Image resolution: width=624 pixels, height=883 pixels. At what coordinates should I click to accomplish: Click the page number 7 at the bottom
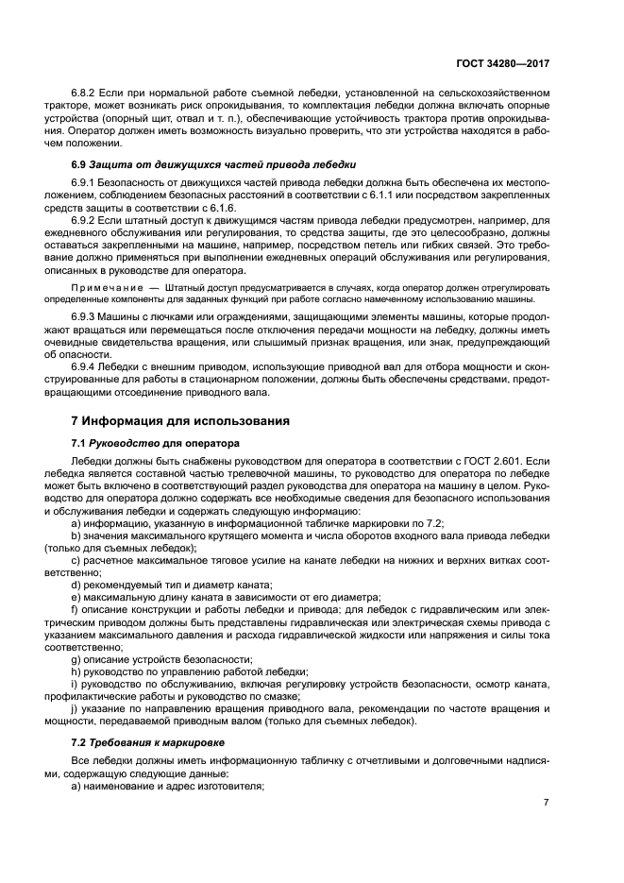tap(546, 803)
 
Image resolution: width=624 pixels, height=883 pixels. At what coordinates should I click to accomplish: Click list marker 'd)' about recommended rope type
tap(76, 586)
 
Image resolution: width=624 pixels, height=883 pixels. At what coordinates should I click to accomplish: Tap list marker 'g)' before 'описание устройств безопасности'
tap(76, 657)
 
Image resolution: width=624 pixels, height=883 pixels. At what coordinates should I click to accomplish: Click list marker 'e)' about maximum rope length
tap(76, 598)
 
